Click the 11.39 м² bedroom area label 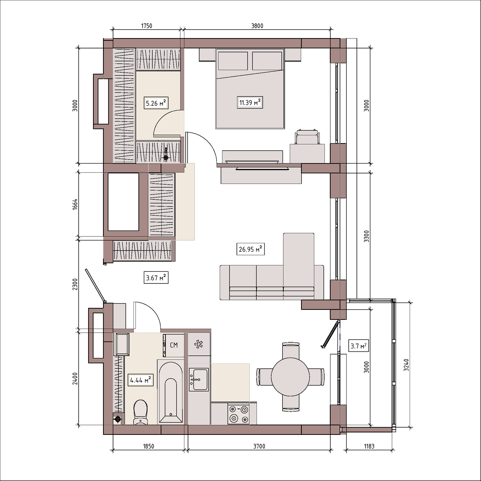[x=250, y=102]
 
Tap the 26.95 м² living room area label [x=251, y=249]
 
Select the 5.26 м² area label [x=156, y=103]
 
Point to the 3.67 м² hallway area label [x=156, y=277]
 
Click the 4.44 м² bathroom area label [x=141, y=380]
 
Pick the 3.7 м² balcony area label [x=358, y=346]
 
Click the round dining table [x=290, y=377]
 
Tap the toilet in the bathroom [x=141, y=412]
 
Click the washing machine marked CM [x=174, y=345]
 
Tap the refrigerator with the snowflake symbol [x=199, y=344]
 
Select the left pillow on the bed [x=233, y=61]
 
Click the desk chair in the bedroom [x=307, y=137]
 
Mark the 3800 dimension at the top [x=257, y=26]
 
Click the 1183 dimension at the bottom [x=369, y=446]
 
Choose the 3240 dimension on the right [x=406, y=365]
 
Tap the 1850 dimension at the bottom [x=148, y=446]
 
